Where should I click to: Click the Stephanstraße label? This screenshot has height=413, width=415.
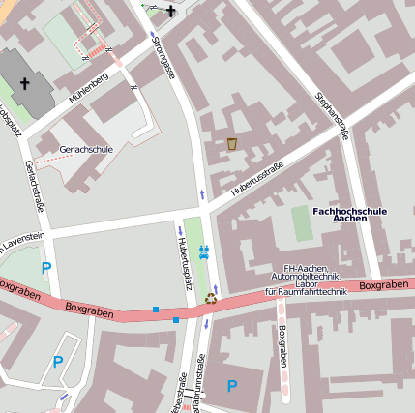331,116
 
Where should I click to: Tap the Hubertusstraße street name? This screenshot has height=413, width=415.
256,181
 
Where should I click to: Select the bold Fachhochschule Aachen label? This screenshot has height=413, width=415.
349,215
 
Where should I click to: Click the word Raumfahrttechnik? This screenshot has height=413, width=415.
306,290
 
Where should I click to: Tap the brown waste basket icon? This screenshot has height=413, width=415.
232,144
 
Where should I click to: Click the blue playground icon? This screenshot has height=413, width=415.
204,251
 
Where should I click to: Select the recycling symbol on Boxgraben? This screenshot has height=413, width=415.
211,299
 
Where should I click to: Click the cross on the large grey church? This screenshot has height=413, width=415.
23,84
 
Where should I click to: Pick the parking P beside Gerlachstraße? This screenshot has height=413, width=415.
45,268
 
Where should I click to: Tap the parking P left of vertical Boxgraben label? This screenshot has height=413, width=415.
231,386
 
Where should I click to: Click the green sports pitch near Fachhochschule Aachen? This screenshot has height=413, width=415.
303,223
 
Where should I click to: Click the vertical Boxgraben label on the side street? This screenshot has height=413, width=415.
282,345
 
